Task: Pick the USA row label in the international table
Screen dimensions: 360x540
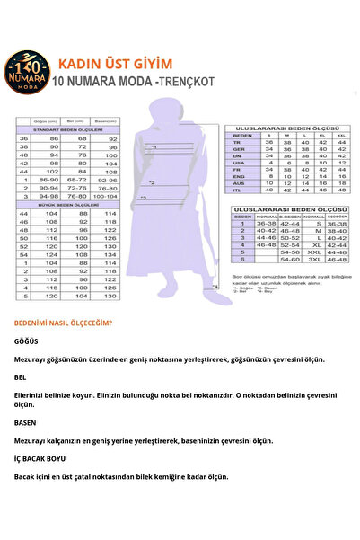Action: click(x=237, y=161)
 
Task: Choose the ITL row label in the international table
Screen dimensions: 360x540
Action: click(x=237, y=190)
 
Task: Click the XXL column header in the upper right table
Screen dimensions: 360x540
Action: click(x=341, y=135)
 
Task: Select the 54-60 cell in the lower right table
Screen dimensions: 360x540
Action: click(x=290, y=258)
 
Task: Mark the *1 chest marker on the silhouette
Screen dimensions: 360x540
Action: click(x=154, y=146)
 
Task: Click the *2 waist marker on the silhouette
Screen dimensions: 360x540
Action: click(x=152, y=182)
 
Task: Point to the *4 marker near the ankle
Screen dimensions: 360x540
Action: click(x=215, y=287)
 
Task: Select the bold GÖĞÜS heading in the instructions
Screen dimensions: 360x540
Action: click(x=27, y=342)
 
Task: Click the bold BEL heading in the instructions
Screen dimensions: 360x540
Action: click(x=21, y=377)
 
